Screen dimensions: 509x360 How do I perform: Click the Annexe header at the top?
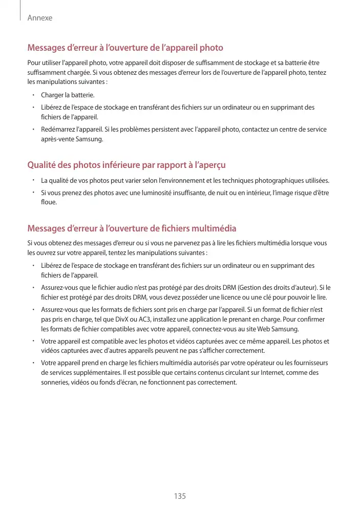pyautogui.click(x=40, y=18)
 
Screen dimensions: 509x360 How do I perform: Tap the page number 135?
pyautogui.click(x=180, y=496)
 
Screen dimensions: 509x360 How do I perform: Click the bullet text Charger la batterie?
pyautogui.click(x=68, y=95)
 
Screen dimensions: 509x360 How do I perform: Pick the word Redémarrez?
pyautogui.click(x=57, y=130)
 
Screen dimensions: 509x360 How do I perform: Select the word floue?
pyautogui.click(x=49, y=202)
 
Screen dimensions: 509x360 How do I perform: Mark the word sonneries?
pyautogui.click(x=54, y=383)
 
